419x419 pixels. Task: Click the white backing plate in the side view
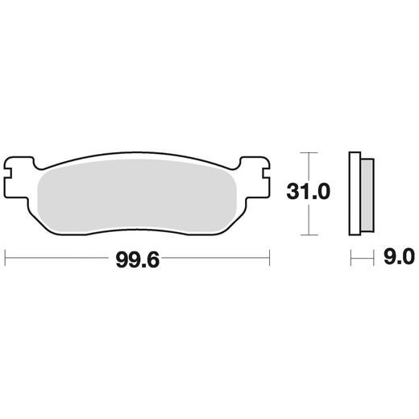(353, 193)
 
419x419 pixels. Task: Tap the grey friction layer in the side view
(366, 193)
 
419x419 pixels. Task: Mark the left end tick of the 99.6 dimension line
(6, 258)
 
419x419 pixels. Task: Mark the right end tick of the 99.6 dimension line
(269, 258)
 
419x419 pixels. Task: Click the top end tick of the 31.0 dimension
(304, 151)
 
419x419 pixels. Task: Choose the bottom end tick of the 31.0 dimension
(304, 235)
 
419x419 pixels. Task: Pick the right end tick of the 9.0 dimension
(375, 258)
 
